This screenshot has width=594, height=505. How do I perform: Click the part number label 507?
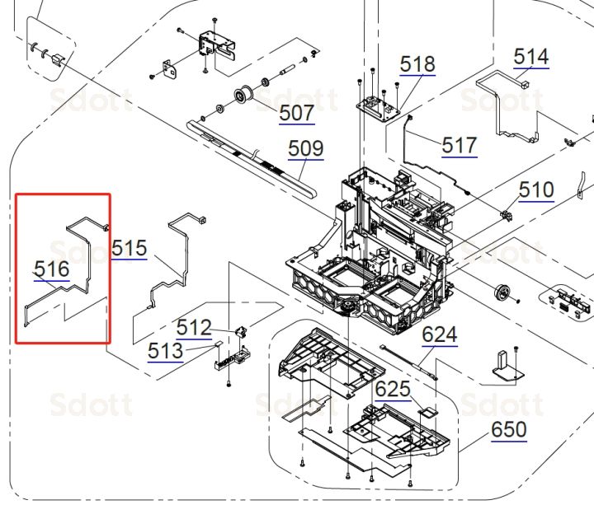(x=297, y=112)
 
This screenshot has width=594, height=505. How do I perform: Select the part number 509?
(x=306, y=148)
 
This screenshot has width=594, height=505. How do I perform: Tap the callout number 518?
(x=417, y=64)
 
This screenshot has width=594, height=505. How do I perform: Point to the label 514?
(x=531, y=57)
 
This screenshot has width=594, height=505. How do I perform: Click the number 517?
(x=460, y=145)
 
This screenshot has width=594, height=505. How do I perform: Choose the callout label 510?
(x=536, y=189)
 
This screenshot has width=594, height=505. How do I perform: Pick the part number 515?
(x=130, y=248)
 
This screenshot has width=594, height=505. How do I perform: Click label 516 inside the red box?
(x=52, y=269)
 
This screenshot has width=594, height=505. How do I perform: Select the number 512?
(x=194, y=327)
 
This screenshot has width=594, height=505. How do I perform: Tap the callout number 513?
(x=165, y=351)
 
